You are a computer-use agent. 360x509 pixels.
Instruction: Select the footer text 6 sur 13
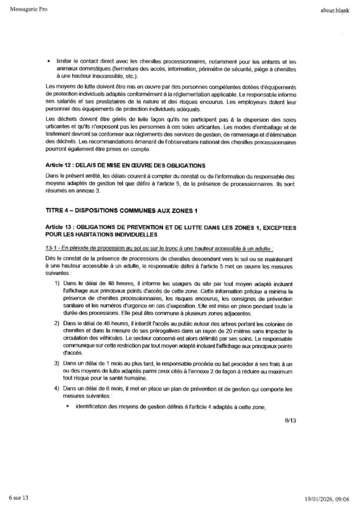[20, 497]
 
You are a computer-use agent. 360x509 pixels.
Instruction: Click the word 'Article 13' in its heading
[59, 226]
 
